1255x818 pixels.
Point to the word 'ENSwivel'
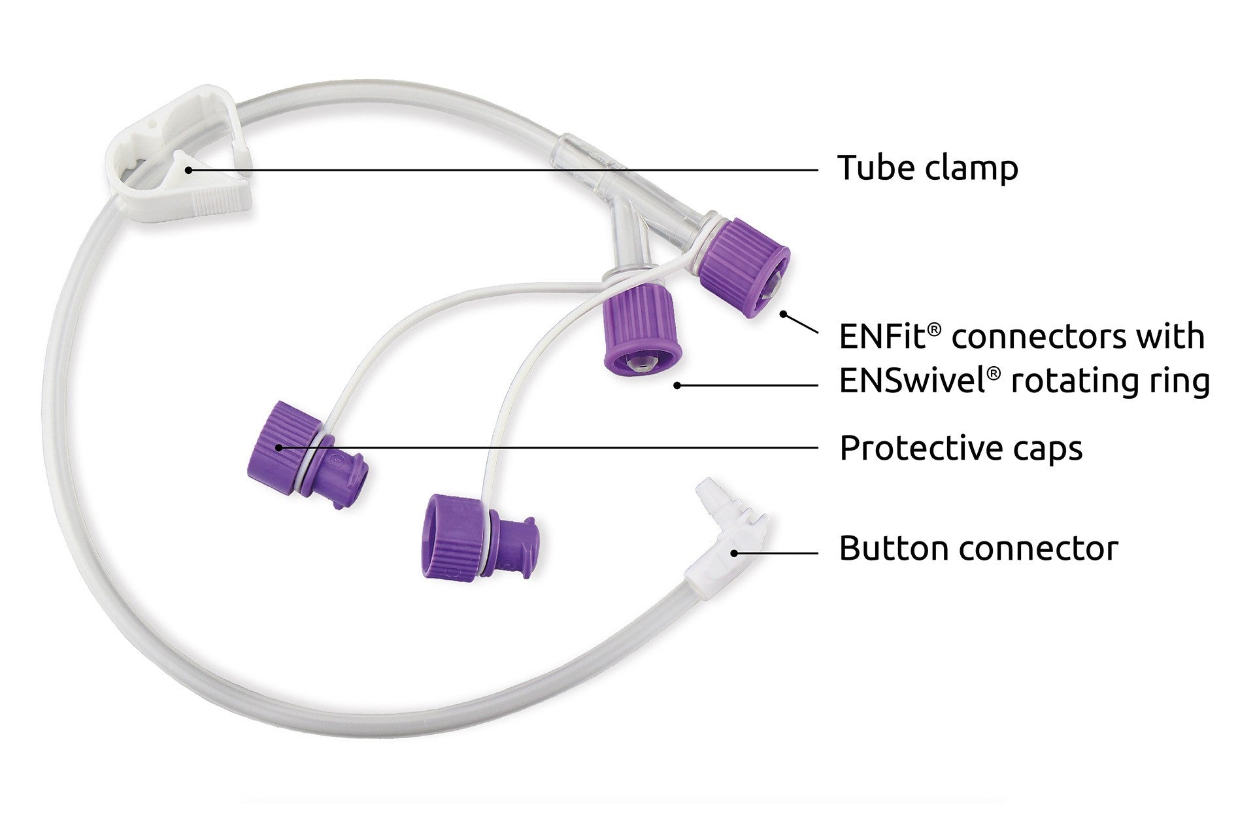(x=912, y=381)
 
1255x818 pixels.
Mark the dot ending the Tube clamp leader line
(x=188, y=170)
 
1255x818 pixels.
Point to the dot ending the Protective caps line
(x=278, y=448)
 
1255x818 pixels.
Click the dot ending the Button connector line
(x=734, y=553)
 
